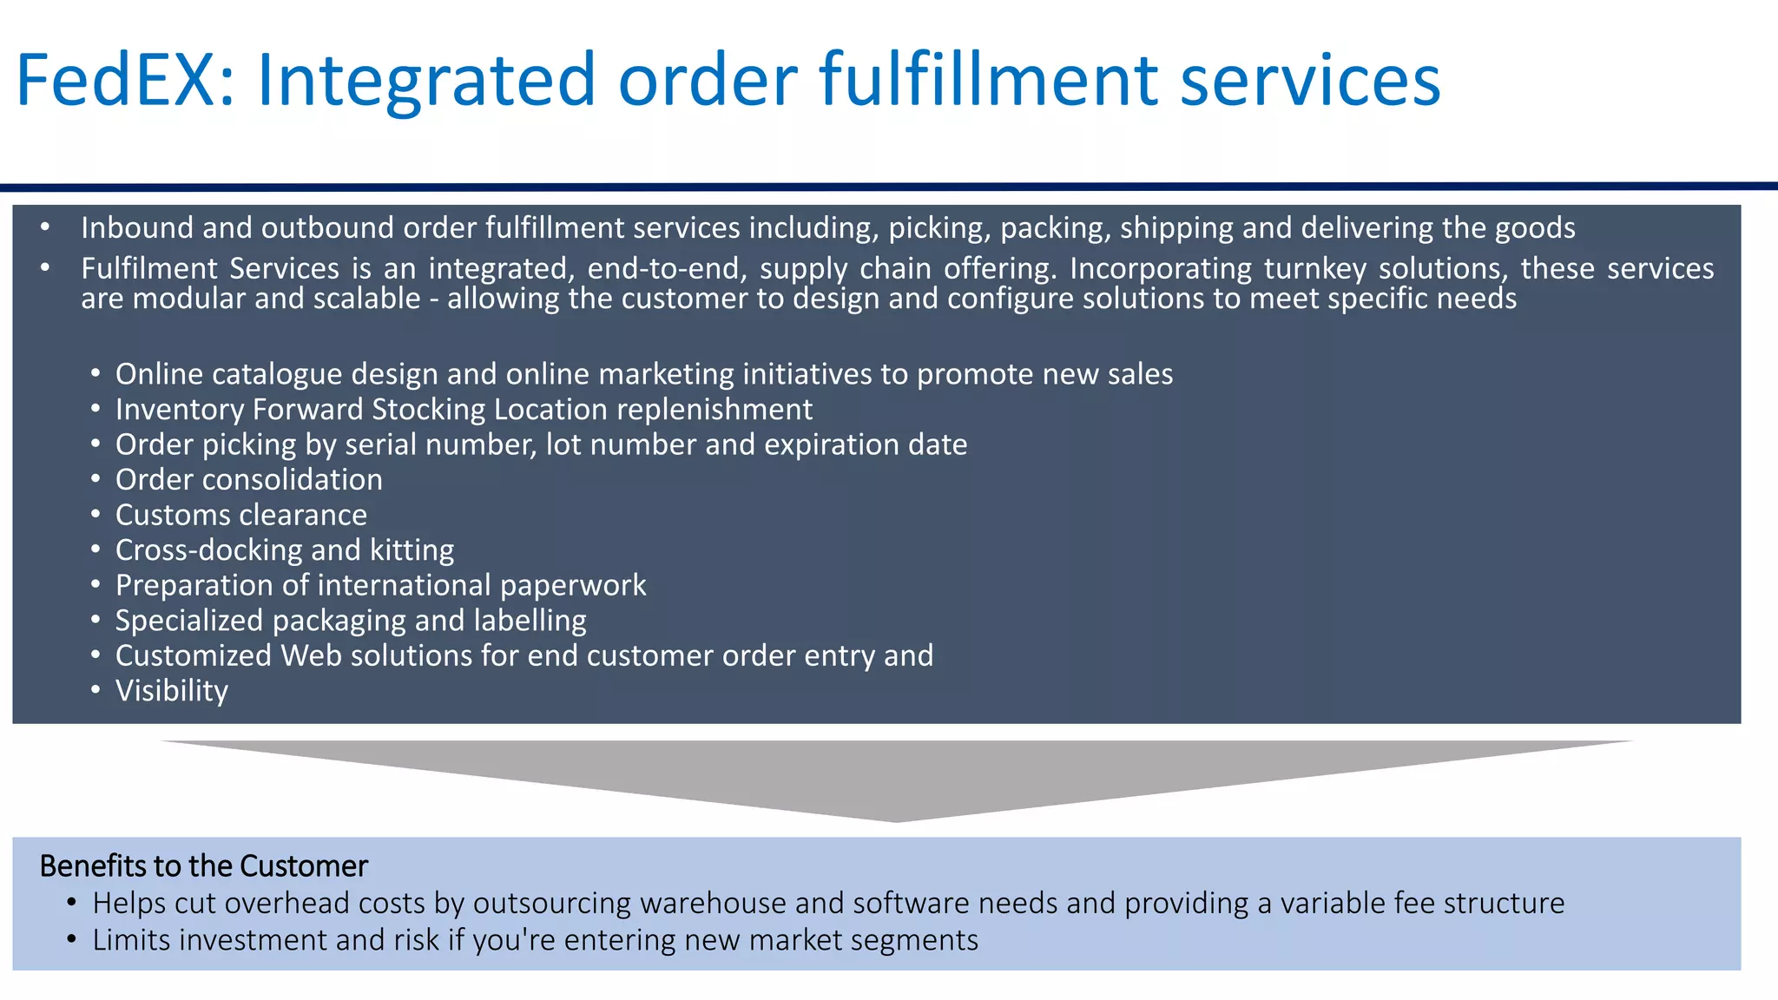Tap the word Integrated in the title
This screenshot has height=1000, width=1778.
426,81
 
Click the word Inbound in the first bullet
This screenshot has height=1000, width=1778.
137,227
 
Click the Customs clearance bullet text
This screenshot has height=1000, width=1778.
241,515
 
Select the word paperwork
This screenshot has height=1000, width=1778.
573,585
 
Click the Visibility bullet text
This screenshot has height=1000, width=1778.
172,691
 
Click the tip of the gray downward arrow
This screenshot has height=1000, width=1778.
896,819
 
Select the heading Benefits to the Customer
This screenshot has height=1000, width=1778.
204,866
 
